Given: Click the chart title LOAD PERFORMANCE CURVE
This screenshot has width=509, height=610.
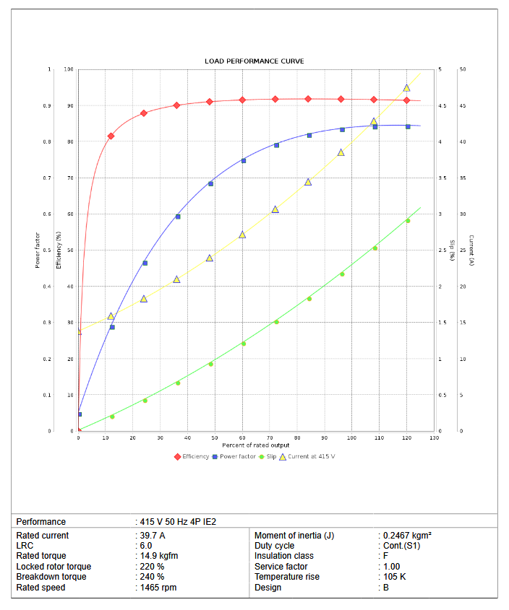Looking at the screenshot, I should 254,61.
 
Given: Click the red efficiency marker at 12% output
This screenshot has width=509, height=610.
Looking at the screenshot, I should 111,136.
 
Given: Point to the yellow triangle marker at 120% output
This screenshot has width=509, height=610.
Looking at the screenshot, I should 406,88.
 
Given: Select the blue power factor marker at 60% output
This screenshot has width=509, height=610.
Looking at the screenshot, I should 244,160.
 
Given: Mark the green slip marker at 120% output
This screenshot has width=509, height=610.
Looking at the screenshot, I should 408,221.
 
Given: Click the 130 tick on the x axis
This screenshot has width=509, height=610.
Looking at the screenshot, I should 434,438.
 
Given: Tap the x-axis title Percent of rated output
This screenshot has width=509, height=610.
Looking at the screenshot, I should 255,445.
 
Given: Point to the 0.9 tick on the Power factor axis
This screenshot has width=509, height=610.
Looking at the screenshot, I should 48,106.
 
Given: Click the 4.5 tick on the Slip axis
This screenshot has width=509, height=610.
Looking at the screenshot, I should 442,106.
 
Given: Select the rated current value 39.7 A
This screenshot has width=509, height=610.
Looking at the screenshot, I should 153,536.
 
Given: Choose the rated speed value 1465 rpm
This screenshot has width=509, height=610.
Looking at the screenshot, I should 158,588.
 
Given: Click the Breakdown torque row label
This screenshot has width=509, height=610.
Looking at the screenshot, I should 51,577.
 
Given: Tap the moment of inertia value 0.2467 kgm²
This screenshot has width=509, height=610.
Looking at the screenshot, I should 407,536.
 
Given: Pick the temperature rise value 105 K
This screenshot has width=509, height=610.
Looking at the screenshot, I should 395,577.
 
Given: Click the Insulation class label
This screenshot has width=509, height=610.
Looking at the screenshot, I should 284,556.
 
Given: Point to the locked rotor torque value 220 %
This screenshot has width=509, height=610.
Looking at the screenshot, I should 153,567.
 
